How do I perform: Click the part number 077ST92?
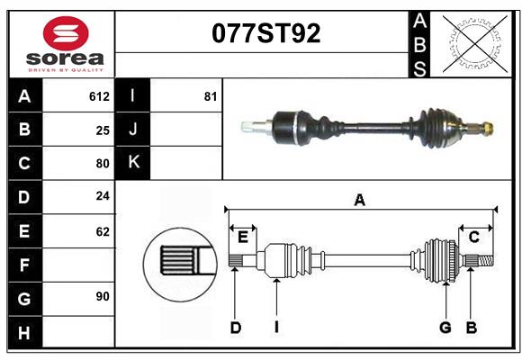(265, 33)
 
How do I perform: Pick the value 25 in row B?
(103, 130)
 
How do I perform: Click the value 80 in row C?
(103, 164)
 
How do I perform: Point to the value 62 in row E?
(103, 231)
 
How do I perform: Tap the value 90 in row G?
(103, 296)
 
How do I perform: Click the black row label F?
(24, 265)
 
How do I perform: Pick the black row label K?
(133, 163)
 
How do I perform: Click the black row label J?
(133, 130)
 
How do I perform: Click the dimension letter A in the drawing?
(360, 200)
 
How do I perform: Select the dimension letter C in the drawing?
(473, 237)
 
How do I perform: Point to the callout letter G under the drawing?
(445, 328)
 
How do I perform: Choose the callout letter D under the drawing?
(236, 328)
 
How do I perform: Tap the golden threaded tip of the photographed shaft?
(487, 128)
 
